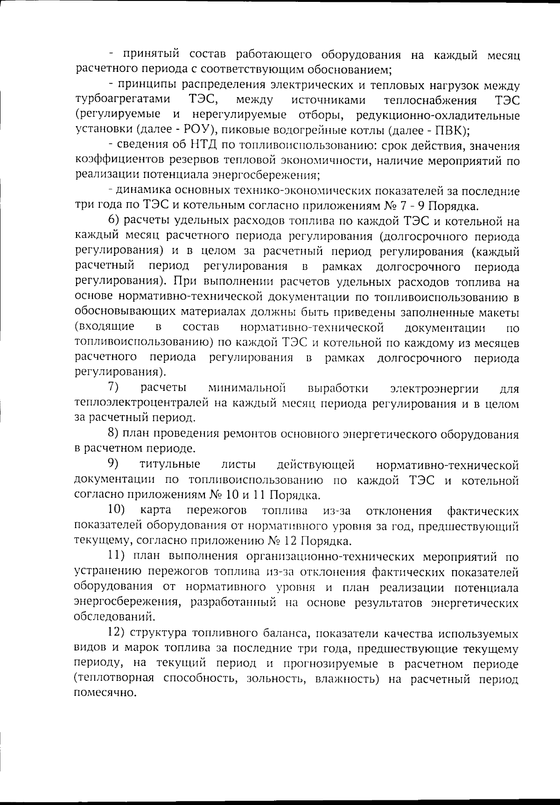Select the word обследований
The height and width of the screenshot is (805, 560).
pyautogui.click(x=114, y=617)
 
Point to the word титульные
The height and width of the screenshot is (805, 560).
pyautogui.click(x=170, y=465)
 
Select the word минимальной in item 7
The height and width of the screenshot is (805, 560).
pyautogui.click(x=247, y=388)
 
